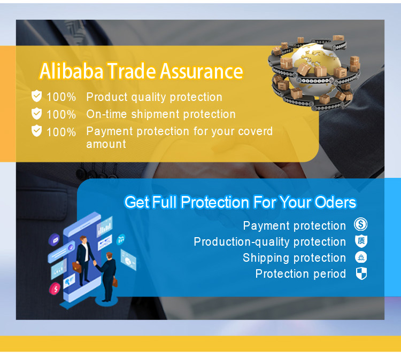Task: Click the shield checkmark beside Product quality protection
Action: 36,96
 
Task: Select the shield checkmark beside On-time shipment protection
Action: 36,113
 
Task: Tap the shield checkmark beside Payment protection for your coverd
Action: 36,130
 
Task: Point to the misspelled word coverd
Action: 255,131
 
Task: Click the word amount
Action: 106,144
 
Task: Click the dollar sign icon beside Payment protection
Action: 361,225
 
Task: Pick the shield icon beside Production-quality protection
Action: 361,241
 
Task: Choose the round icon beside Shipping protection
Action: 361,257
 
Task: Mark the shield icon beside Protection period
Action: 361,273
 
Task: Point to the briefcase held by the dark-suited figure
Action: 78,267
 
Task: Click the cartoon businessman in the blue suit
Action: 109,275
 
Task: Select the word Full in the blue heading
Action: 165,203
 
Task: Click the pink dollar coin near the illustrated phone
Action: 54,289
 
